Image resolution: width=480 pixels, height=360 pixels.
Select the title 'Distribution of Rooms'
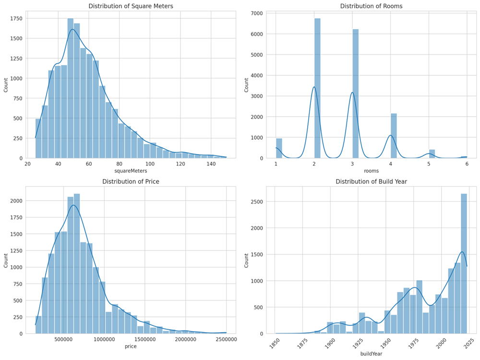[x=371, y=6]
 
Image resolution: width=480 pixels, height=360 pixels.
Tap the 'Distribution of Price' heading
[x=131, y=181]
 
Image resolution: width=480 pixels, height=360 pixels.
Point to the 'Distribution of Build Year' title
[x=371, y=181]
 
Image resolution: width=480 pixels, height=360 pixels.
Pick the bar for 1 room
[x=279, y=148]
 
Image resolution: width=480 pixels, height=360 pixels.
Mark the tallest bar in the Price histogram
[x=77, y=264]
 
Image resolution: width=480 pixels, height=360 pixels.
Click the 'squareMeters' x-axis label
[x=131, y=171]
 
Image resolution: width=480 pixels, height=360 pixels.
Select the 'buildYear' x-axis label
[x=371, y=354]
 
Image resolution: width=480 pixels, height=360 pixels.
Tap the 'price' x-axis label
[x=131, y=346]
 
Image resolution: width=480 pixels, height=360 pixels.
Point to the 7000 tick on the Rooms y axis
[x=256, y=13]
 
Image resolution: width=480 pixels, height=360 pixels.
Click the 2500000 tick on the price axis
[x=226, y=340]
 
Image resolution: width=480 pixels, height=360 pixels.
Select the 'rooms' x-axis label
[x=371, y=171]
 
